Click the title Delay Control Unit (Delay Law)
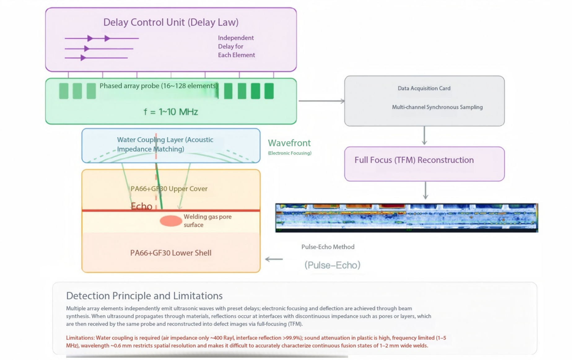pyautogui.click(x=171, y=22)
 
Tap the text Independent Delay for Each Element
pyautogui.click(x=236, y=46)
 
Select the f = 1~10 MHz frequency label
pyautogui.click(x=171, y=112)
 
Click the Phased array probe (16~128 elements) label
pyautogui.click(x=159, y=86)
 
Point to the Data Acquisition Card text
pyautogui.click(x=424, y=88)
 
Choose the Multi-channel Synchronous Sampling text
pyautogui.click(x=437, y=107)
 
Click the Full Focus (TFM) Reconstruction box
pyautogui.click(x=424, y=164)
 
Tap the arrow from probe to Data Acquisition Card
pyautogui.click(x=321, y=101)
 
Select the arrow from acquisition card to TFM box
pyautogui.click(x=424, y=136)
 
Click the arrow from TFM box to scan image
pyautogui.click(x=426, y=190)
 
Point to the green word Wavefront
pyautogui.click(x=289, y=143)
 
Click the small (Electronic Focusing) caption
pyautogui.click(x=290, y=153)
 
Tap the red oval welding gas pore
pyautogui.click(x=171, y=221)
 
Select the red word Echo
pyautogui.click(x=141, y=206)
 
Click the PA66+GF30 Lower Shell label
pyautogui.click(x=171, y=253)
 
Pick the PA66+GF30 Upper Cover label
pyautogui.click(x=169, y=189)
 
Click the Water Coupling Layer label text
pyautogui.click(x=165, y=144)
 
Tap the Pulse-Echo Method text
pyautogui.click(x=328, y=247)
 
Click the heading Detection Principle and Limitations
pyautogui.click(x=144, y=296)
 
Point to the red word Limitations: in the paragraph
pyautogui.click(x=80, y=338)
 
